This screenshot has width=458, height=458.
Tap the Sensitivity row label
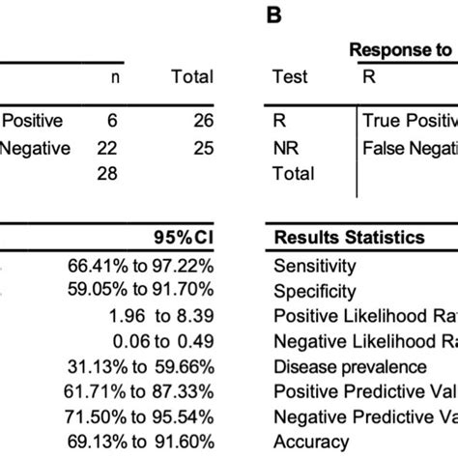(x=315, y=265)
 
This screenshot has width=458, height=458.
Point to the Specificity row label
(x=315, y=290)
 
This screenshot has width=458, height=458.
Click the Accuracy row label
(x=312, y=442)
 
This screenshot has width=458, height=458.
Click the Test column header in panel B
(x=291, y=77)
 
